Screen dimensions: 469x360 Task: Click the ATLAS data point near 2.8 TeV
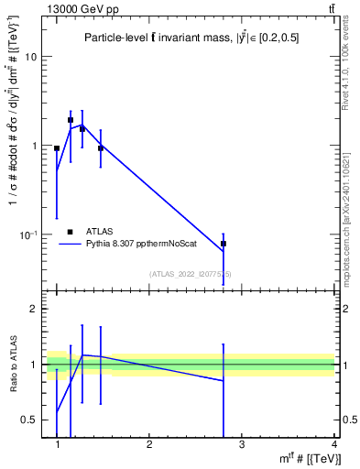click(224, 244)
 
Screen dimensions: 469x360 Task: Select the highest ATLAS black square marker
click(71, 120)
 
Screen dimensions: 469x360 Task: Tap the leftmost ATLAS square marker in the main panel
click(57, 148)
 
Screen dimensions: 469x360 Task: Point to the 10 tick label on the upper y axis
click(30, 57)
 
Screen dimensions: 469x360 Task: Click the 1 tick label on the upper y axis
click(33, 147)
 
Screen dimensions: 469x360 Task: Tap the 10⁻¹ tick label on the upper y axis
click(29, 235)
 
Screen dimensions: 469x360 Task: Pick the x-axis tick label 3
click(242, 444)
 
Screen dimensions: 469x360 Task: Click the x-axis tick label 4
click(333, 444)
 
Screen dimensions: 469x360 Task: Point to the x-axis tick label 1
click(58, 444)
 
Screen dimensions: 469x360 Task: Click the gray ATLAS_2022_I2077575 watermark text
click(191, 274)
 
